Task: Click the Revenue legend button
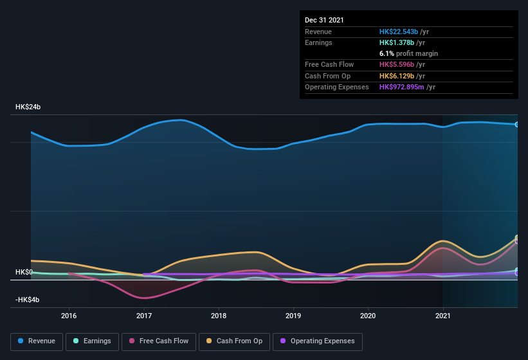(x=37, y=341)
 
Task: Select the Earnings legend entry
(x=91, y=341)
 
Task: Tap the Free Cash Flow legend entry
(x=158, y=341)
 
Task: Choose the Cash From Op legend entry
(x=233, y=341)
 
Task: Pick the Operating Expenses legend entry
(x=317, y=341)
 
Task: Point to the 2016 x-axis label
(x=69, y=316)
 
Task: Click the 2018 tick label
(x=219, y=316)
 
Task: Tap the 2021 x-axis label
(x=443, y=316)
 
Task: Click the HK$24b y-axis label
(x=28, y=107)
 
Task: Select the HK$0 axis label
(x=24, y=273)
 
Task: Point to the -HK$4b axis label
(x=28, y=300)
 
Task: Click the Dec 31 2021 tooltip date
(x=324, y=20)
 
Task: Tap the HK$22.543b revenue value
(x=399, y=32)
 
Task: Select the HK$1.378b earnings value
(x=397, y=42)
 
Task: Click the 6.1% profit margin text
(x=408, y=53)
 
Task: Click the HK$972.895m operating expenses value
(x=403, y=87)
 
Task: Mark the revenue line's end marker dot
(x=517, y=124)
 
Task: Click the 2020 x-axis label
(x=368, y=316)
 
